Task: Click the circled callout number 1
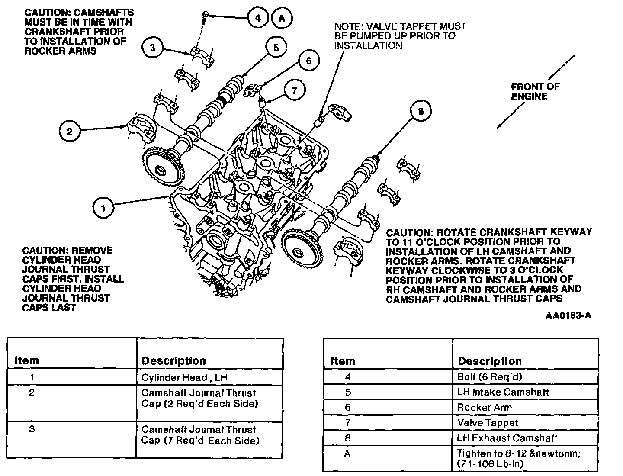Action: [103, 209]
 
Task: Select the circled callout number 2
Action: [70, 131]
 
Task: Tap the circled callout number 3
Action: [152, 47]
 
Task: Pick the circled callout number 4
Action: [258, 18]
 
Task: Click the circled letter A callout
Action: [282, 18]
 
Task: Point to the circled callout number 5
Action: [276, 47]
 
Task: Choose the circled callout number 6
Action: [308, 61]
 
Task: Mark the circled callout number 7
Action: [295, 90]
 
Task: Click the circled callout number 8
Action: [421, 112]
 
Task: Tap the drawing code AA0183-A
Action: [568, 315]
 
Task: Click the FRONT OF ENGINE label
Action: [535, 91]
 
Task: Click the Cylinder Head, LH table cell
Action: [184, 377]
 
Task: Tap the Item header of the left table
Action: [27, 360]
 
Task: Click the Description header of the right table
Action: [490, 361]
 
